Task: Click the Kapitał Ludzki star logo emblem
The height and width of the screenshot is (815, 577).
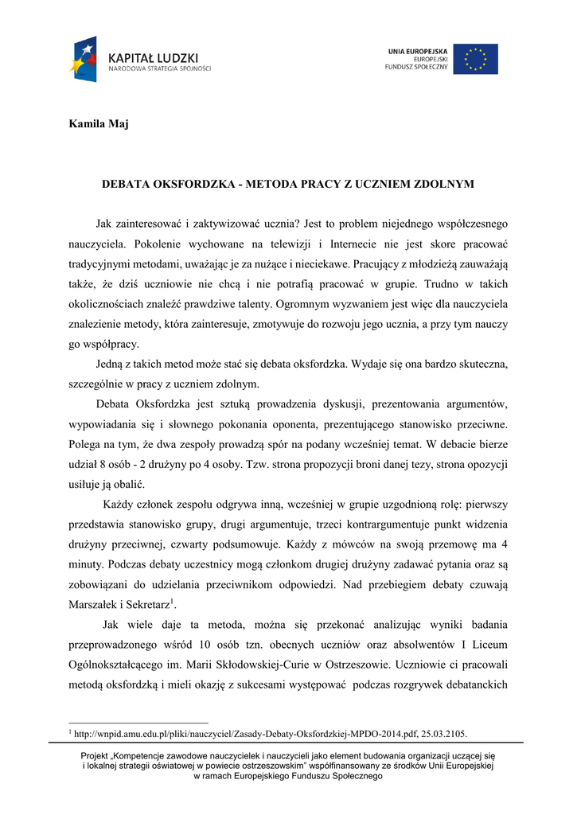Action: (83, 59)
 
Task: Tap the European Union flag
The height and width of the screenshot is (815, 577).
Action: (476, 59)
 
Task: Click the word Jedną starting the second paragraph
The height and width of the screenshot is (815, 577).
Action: (111, 365)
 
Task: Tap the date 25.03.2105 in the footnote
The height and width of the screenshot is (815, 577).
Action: (441, 732)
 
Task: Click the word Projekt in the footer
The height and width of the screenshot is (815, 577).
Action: (99, 755)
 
